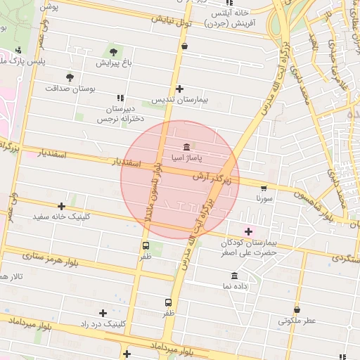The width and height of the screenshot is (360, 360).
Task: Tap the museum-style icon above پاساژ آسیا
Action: [x=186, y=147]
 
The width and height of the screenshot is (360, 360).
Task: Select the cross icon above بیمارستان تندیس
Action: [x=180, y=89]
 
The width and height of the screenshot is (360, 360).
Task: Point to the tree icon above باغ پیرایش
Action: [x=113, y=51]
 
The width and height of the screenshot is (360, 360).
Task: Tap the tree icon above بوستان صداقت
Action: [x=70, y=77]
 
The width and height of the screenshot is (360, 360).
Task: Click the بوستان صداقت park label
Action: [x=70, y=89]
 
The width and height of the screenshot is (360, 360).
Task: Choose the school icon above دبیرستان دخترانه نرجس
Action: [x=120, y=98]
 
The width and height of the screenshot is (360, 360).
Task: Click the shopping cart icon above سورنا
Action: [x=264, y=188]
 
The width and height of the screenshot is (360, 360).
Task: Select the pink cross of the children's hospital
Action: [x=248, y=231]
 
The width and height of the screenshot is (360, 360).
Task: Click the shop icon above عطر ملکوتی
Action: [x=297, y=309]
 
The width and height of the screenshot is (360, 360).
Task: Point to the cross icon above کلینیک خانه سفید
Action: [x=62, y=206]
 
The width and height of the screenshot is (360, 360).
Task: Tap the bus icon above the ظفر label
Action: [x=146, y=246]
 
